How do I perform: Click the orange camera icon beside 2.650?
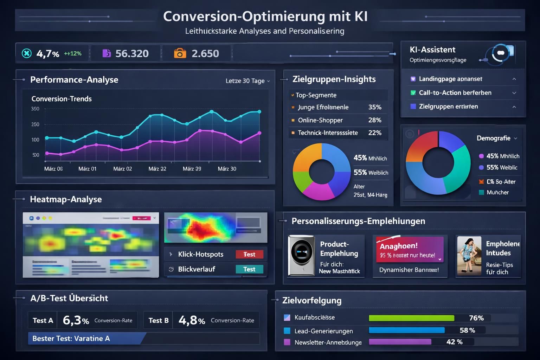coord(180,53)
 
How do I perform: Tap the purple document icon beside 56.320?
coord(106,53)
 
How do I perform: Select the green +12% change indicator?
coord(73,53)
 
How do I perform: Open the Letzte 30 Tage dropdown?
coord(247,81)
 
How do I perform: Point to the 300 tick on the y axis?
coord(35,109)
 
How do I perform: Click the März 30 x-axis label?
coord(227,169)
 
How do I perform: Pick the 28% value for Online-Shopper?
coord(374,120)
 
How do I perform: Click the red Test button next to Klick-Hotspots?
coord(249,254)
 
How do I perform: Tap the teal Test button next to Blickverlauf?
coord(249,269)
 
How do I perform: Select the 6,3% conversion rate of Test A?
coord(76,320)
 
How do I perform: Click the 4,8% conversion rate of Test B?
coord(192,320)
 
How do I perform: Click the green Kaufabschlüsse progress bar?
coord(411,318)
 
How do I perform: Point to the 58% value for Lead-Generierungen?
coord(467,330)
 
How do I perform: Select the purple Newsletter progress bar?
coord(400,342)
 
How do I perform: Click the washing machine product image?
coord(301,256)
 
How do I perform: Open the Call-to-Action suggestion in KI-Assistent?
coord(455,93)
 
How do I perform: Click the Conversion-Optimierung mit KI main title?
coord(265,17)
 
